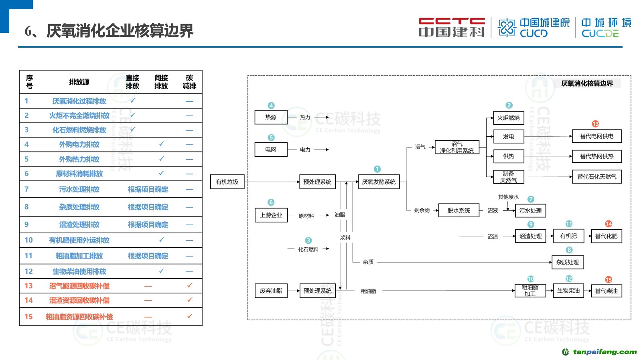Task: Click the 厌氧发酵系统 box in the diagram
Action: click(x=379, y=182)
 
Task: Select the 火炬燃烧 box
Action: click(x=508, y=118)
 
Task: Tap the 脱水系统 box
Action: click(x=458, y=210)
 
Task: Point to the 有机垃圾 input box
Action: click(x=227, y=182)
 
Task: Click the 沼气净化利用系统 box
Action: click(x=457, y=148)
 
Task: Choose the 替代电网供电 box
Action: click(x=596, y=136)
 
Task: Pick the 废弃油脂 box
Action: click(x=271, y=291)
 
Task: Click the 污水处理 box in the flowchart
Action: click(x=530, y=210)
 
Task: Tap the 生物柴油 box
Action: click(x=568, y=291)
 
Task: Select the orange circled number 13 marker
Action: click(x=595, y=124)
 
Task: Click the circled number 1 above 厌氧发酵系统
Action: click(x=377, y=169)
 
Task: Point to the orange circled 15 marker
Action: click(x=609, y=279)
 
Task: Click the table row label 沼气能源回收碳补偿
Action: click(x=79, y=286)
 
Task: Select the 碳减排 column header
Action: click(x=189, y=82)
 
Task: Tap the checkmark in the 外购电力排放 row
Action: click(x=161, y=144)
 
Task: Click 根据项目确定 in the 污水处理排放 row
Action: click(x=148, y=189)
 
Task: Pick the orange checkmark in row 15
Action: click(x=190, y=316)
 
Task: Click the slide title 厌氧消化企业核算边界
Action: click(x=120, y=31)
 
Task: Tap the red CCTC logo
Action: click(x=451, y=27)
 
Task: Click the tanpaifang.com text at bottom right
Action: click(x=604, y=352)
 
